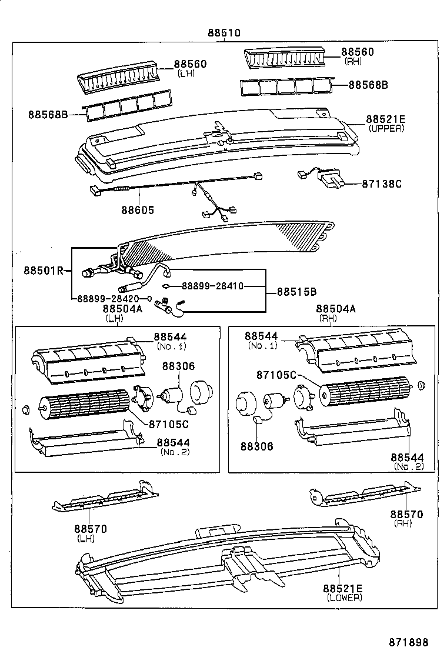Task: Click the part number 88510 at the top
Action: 223,33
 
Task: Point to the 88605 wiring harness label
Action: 139,209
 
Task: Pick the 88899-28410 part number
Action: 212,286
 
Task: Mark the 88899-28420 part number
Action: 111,298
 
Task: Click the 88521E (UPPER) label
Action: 386,119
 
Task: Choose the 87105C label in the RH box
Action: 276,375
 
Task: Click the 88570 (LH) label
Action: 91,529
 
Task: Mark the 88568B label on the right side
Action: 368,85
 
